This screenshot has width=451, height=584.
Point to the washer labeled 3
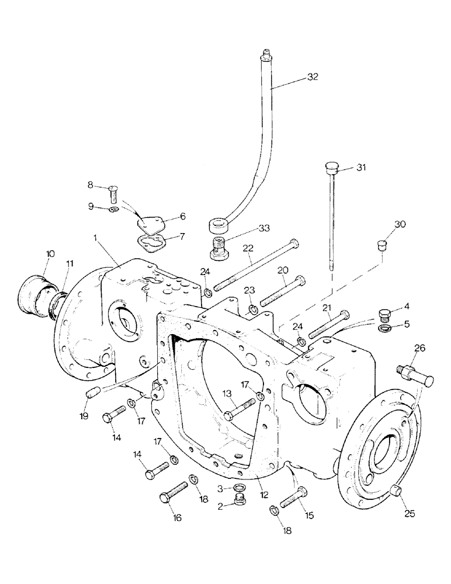[x=240, y=487]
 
